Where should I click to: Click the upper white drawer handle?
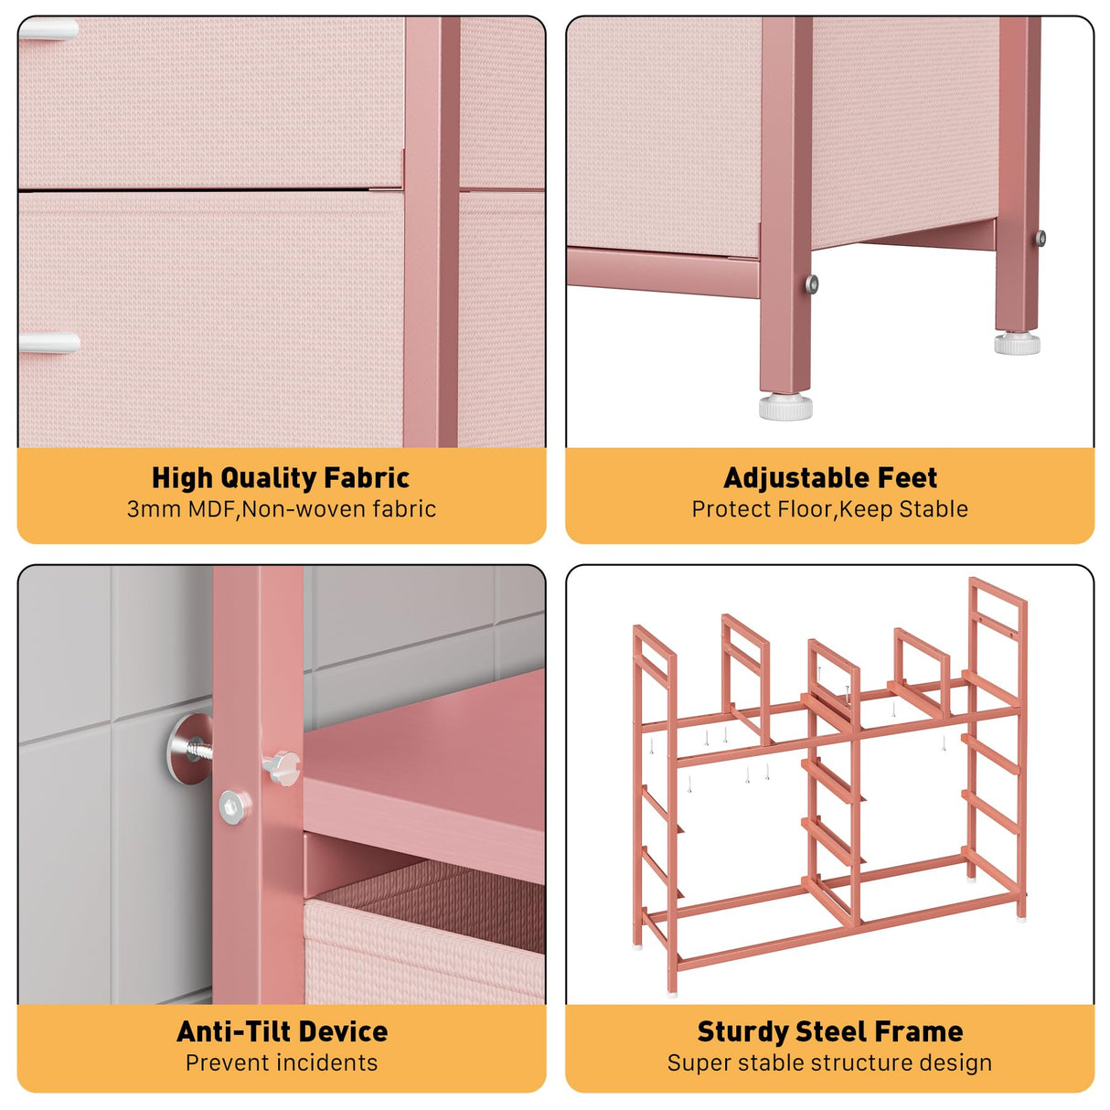pos(48,29)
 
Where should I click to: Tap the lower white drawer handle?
pos(48,344)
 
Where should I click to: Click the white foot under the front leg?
pos(785,406)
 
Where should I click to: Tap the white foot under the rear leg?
pos(1018,344)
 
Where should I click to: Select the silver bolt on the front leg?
pos(811,284)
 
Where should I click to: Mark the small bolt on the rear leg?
pos(1041,239)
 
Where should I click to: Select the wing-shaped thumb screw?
pos(282,765)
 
